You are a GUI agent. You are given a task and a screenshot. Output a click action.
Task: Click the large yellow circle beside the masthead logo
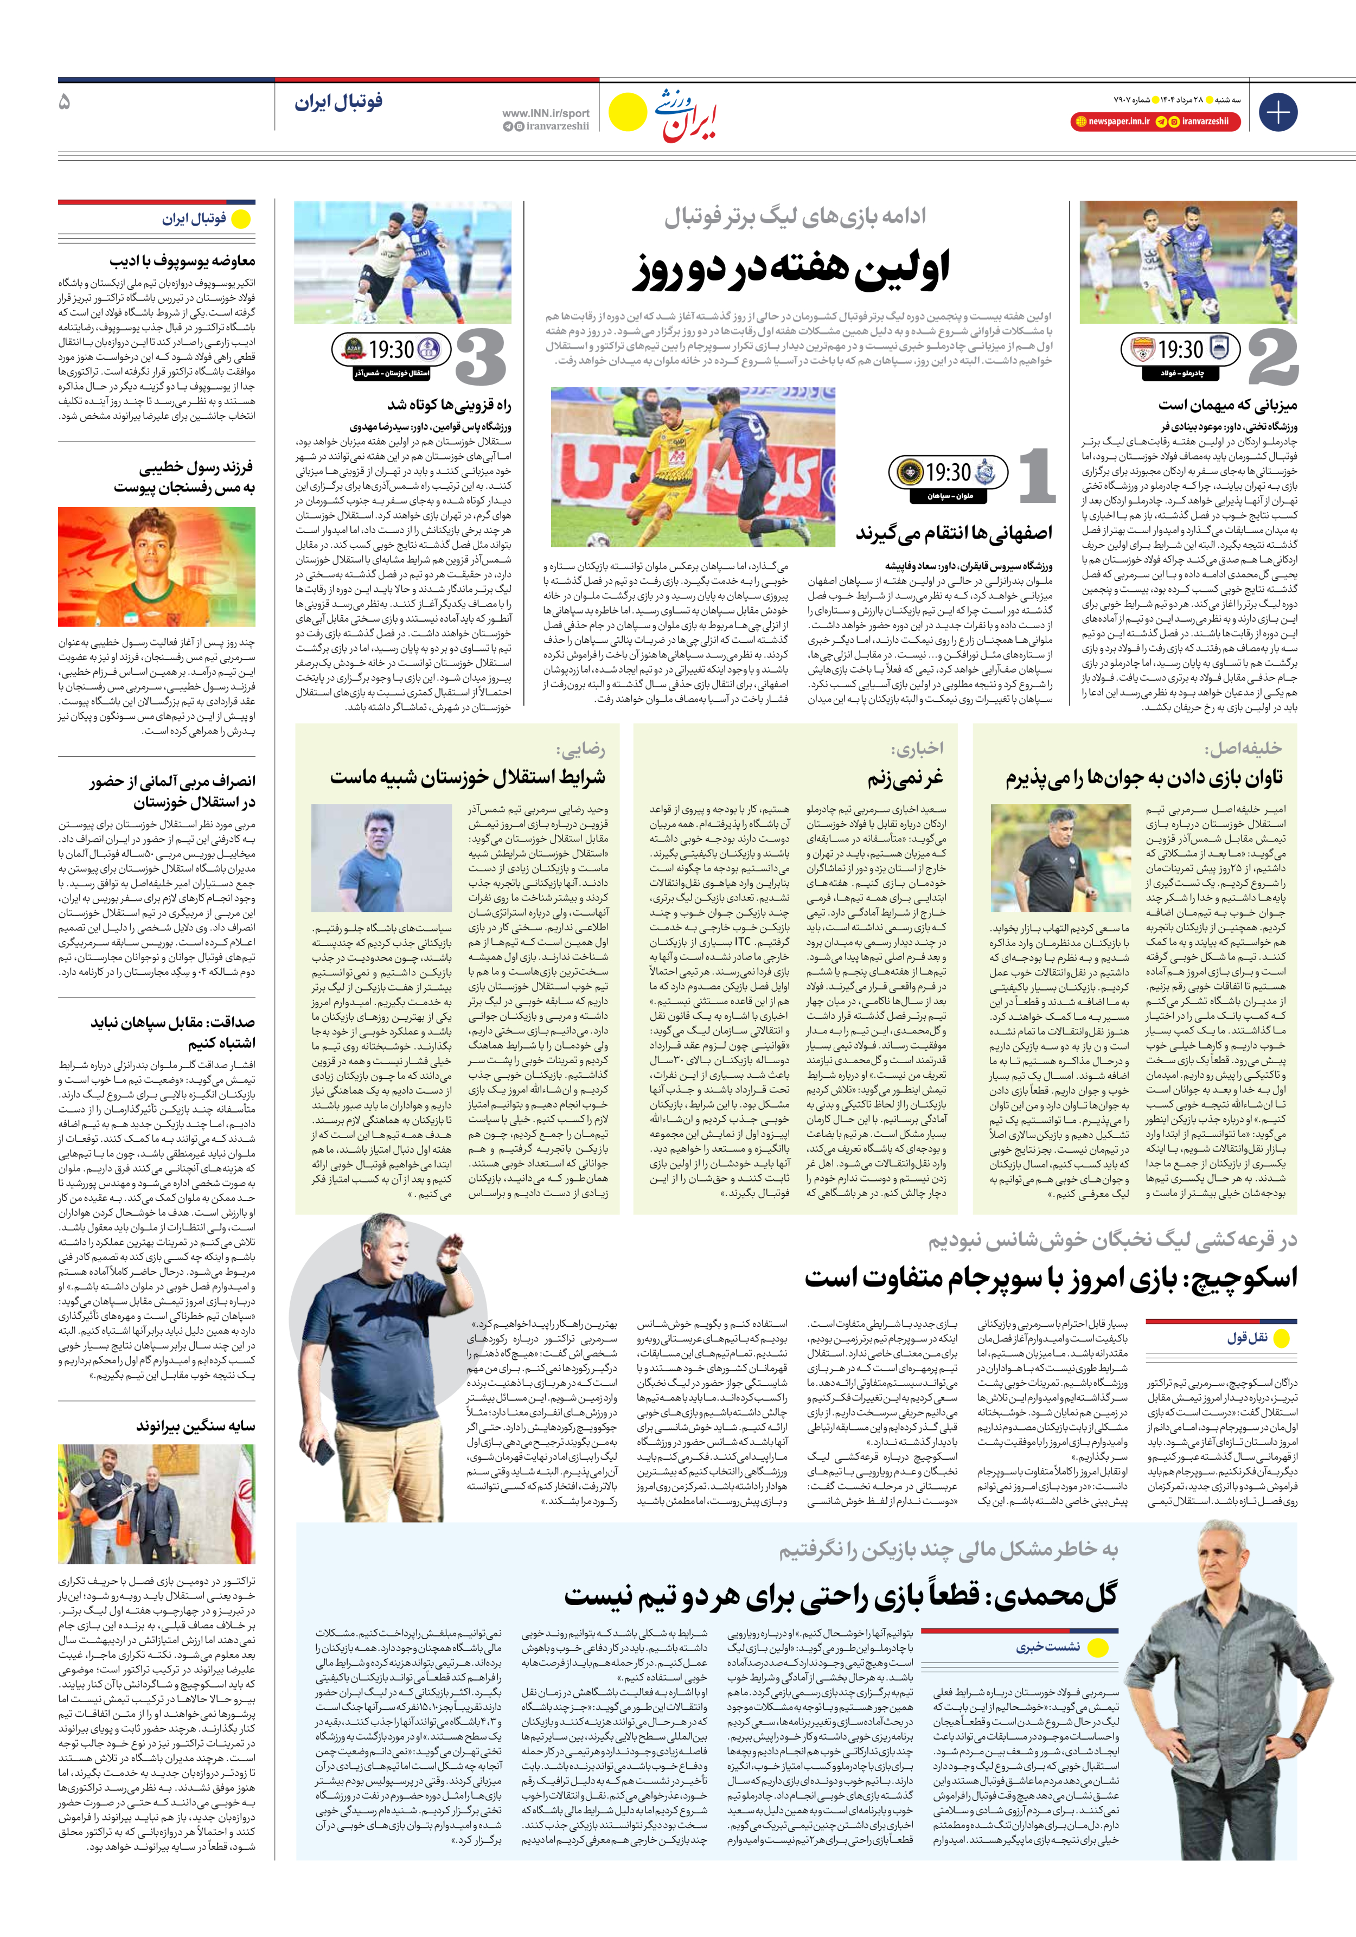(x=627, y=111)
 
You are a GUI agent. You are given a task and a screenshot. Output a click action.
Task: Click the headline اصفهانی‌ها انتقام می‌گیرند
(x=954, y=533)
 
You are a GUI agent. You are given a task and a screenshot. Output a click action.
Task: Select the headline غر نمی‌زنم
(x=905, y=777)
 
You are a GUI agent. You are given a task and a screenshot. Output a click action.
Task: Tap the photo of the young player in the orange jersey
(x=157, y=566)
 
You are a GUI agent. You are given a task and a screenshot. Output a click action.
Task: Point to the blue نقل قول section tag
(x=1247, y=1338)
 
